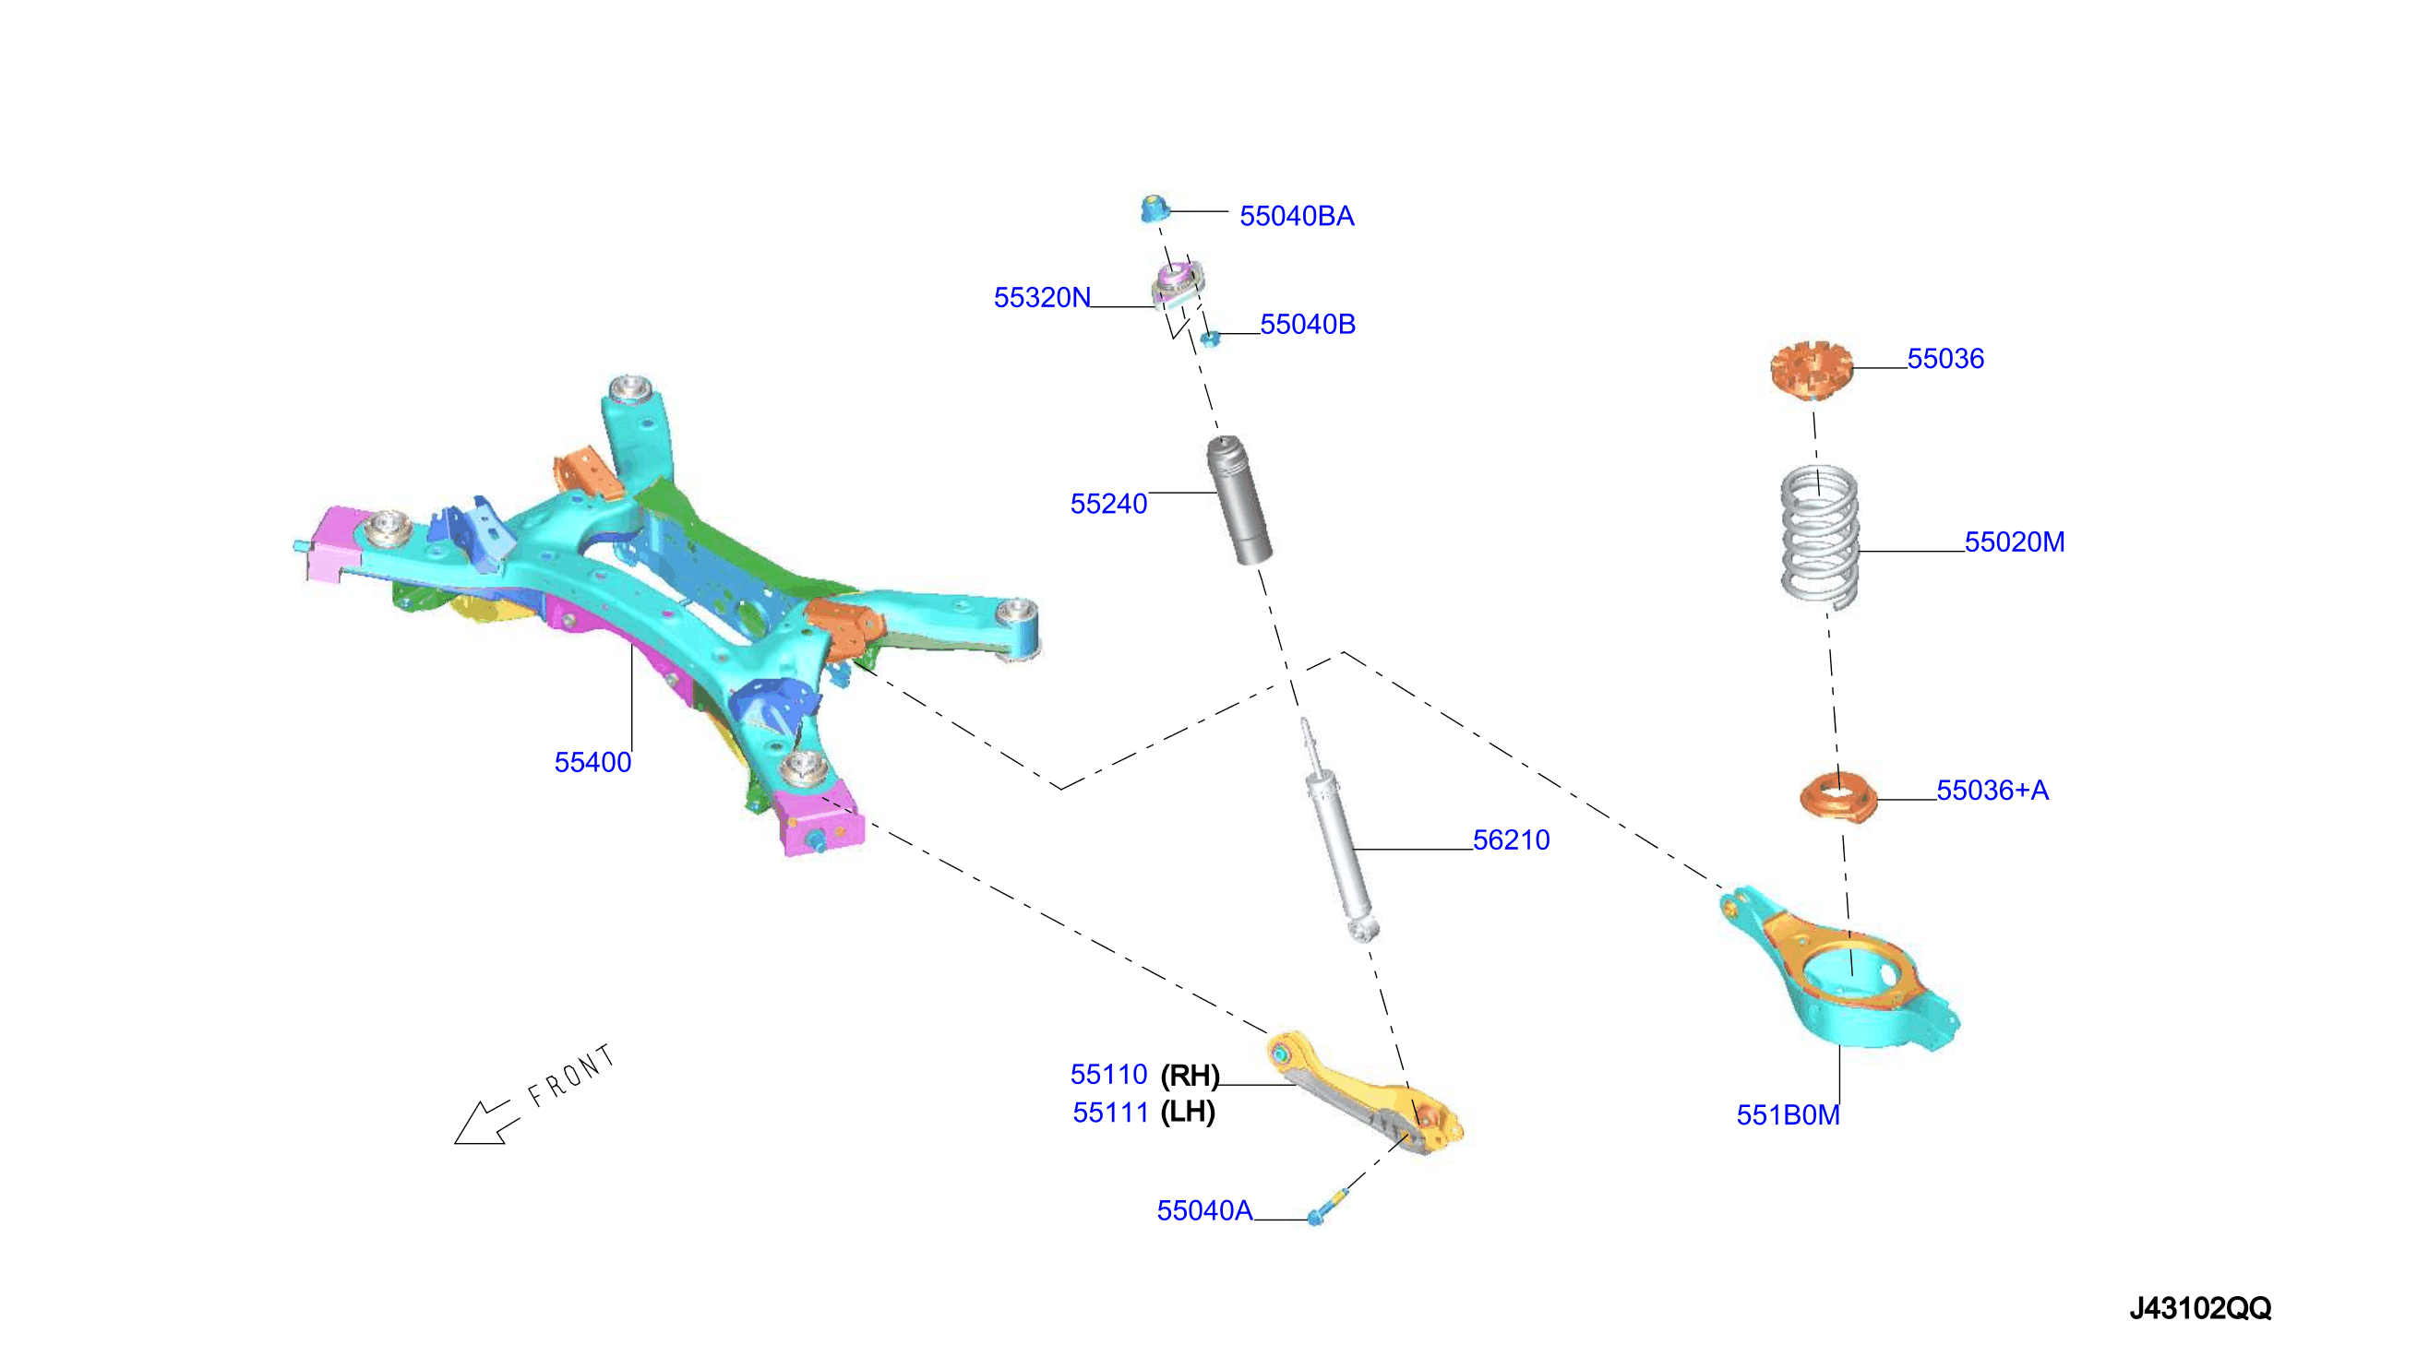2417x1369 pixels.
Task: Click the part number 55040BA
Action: pyautogui.click(x=1296, y=216)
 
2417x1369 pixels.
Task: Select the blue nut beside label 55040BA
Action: pyautogui.click(x=1154, y=208)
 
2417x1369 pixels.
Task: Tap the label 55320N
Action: pyautogui.click(x=1042, y=297)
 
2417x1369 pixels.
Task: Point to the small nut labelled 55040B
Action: pyautogui.click(x=1211, y=339)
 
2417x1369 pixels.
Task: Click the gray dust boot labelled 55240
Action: pyautogui.click(x=1239, y=500)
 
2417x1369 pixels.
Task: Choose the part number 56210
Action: pyautogui.click(x=1511, y=839)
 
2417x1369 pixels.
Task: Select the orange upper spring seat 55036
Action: pyautogui.click(x=1812, y=370)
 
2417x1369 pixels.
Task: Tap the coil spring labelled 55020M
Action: pyautogui.click(x=1820, y=536)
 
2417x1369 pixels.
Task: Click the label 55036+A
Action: pyautogui.click(x=1992, y=790)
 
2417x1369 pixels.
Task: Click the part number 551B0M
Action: pyautogui.click(x=1788, y=1115)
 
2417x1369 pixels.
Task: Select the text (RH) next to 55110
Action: pyautogui.click(x=1190, y=1075)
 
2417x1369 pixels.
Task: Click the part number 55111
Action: pyautogui.click(x=1111, y=1113)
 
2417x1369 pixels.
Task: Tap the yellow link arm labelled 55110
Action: pyautogui.click(x=1364, y=1092)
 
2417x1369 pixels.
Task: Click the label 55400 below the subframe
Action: pyautogui.click(x=592, y=763)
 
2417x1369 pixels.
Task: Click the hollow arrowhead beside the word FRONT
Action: pyautogui.click(x=481, y=1124)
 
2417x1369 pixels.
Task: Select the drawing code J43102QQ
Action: pyautogui.click(x=2200, y=1308)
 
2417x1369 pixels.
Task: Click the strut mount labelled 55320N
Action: pyautogui.click(x=1179, y=288)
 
